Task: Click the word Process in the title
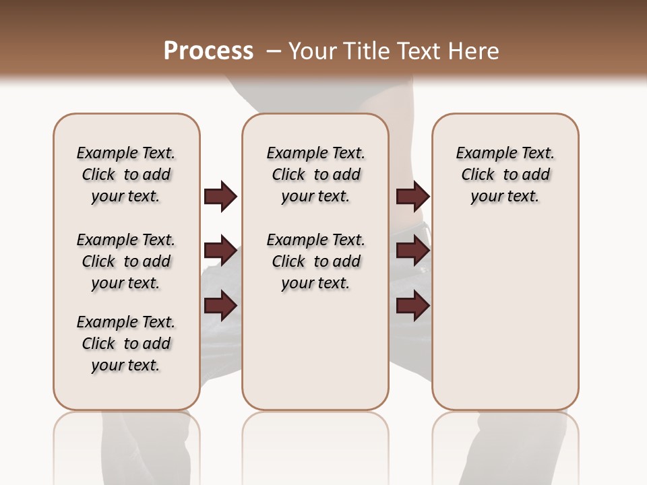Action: click(208, 51)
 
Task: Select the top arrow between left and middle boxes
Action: click(220, 196)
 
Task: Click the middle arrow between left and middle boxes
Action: click(220, 251)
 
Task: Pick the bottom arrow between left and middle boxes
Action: click(220, 306)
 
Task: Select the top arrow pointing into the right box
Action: click(412, 196)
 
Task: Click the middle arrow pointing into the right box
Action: click(412, 251)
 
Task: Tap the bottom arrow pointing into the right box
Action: click(412, 306)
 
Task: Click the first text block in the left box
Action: click(126, 174)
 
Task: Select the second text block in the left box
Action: click(126, 261)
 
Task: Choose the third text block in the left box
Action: click(126, 344)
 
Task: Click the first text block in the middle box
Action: click(315, 174)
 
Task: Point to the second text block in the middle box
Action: click(315, 261)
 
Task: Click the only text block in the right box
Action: click(505, 174)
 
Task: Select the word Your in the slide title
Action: click(313, 51)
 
